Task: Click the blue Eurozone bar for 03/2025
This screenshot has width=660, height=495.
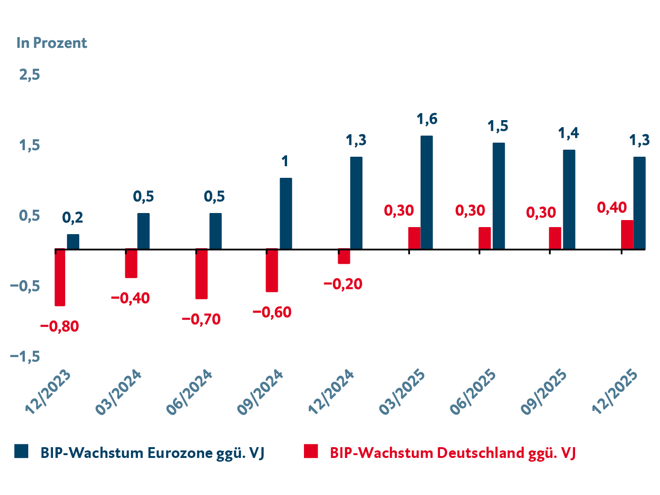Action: point(426,192)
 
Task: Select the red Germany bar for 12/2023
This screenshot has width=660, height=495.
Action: point(60,277)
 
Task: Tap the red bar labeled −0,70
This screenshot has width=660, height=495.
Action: point(201,274)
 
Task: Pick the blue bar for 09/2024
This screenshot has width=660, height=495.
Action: point(286,213)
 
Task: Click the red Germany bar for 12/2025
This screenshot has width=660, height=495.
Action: point(627,235)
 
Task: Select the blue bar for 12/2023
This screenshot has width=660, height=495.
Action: point(73,242)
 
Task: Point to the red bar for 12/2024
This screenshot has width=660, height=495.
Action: point(344,257)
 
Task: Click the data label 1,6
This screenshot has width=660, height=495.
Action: point(427,119)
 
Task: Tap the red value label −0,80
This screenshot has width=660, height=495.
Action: point(60,327)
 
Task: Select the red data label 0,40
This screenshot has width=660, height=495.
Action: point(612,207)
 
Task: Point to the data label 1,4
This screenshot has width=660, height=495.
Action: point(569,133)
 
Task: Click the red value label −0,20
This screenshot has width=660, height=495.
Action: point(343,284)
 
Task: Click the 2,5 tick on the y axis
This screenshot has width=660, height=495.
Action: point(29,75)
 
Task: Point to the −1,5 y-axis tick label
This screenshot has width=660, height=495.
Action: point(25,357)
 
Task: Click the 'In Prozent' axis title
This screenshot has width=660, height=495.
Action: point(52,43)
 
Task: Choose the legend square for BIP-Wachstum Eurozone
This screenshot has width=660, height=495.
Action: point(22,451)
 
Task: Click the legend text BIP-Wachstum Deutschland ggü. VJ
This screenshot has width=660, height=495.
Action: point(453,453)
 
